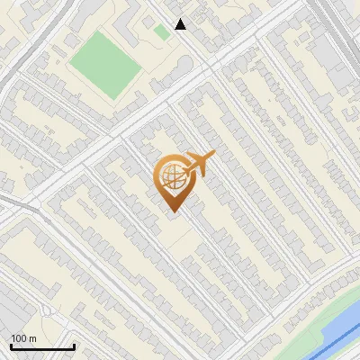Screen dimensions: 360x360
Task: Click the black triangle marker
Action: click(x=181, y=24)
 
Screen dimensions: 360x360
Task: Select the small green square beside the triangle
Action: click(x=161, y=31)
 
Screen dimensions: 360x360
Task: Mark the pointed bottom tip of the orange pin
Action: click(x=173, y=212)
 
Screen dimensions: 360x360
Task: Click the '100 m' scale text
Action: click(x=23, y=338)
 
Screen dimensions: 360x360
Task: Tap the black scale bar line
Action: click(x=42, y=347)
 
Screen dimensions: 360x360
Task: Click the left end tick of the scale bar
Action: click(x=11, y=346)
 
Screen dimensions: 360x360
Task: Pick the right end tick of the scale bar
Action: click(x=74, y=346)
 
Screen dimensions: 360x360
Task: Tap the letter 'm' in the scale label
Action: click(x=32, y=338)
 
